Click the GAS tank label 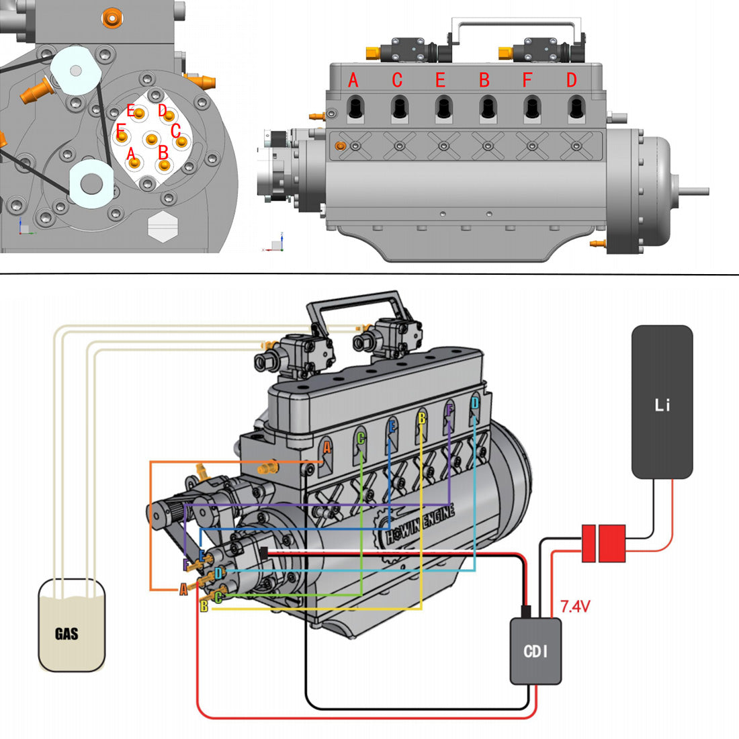pos(67,634)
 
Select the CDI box pos(535,650)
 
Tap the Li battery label pos(662,405)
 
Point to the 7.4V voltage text pos(574,607)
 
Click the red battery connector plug pos(603,543)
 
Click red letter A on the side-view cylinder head pos(353,81)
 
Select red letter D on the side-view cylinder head pos(571,81)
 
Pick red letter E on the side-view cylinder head pos(440,81)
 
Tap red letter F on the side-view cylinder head pos(527,81)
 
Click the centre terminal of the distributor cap pos(152,139)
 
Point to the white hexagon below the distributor pos(161,226)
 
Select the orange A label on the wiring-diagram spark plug pos(327,446)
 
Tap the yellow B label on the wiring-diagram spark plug pos(422,418)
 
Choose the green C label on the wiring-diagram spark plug pos(361,439)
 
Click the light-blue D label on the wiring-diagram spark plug pos(475,403)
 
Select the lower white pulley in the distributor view pos(91,181)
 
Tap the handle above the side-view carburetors pos(516,26)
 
